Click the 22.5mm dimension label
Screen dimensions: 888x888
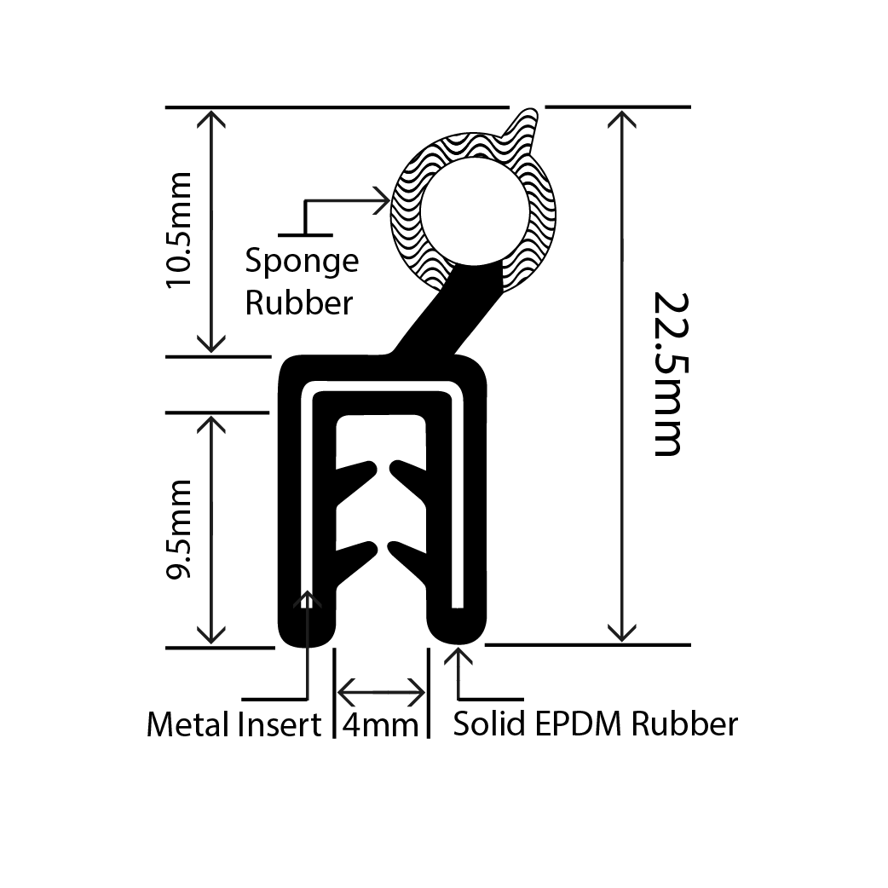[668, 374]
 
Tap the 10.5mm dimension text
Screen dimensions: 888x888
[181, 230]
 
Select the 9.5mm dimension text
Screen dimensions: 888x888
[181, 529]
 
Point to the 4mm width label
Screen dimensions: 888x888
[380, 725]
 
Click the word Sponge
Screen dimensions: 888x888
[302, 262]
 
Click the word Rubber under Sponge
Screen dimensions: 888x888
[298, 303]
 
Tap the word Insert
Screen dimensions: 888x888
[279, 725]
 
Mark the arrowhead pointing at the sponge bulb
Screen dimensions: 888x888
[381, 201]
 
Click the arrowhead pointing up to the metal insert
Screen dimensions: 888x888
[306, 599]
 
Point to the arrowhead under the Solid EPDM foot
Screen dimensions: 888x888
[460, 658]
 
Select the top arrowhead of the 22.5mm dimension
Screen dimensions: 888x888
[623, 118]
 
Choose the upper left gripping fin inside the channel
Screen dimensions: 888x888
[358, 474]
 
